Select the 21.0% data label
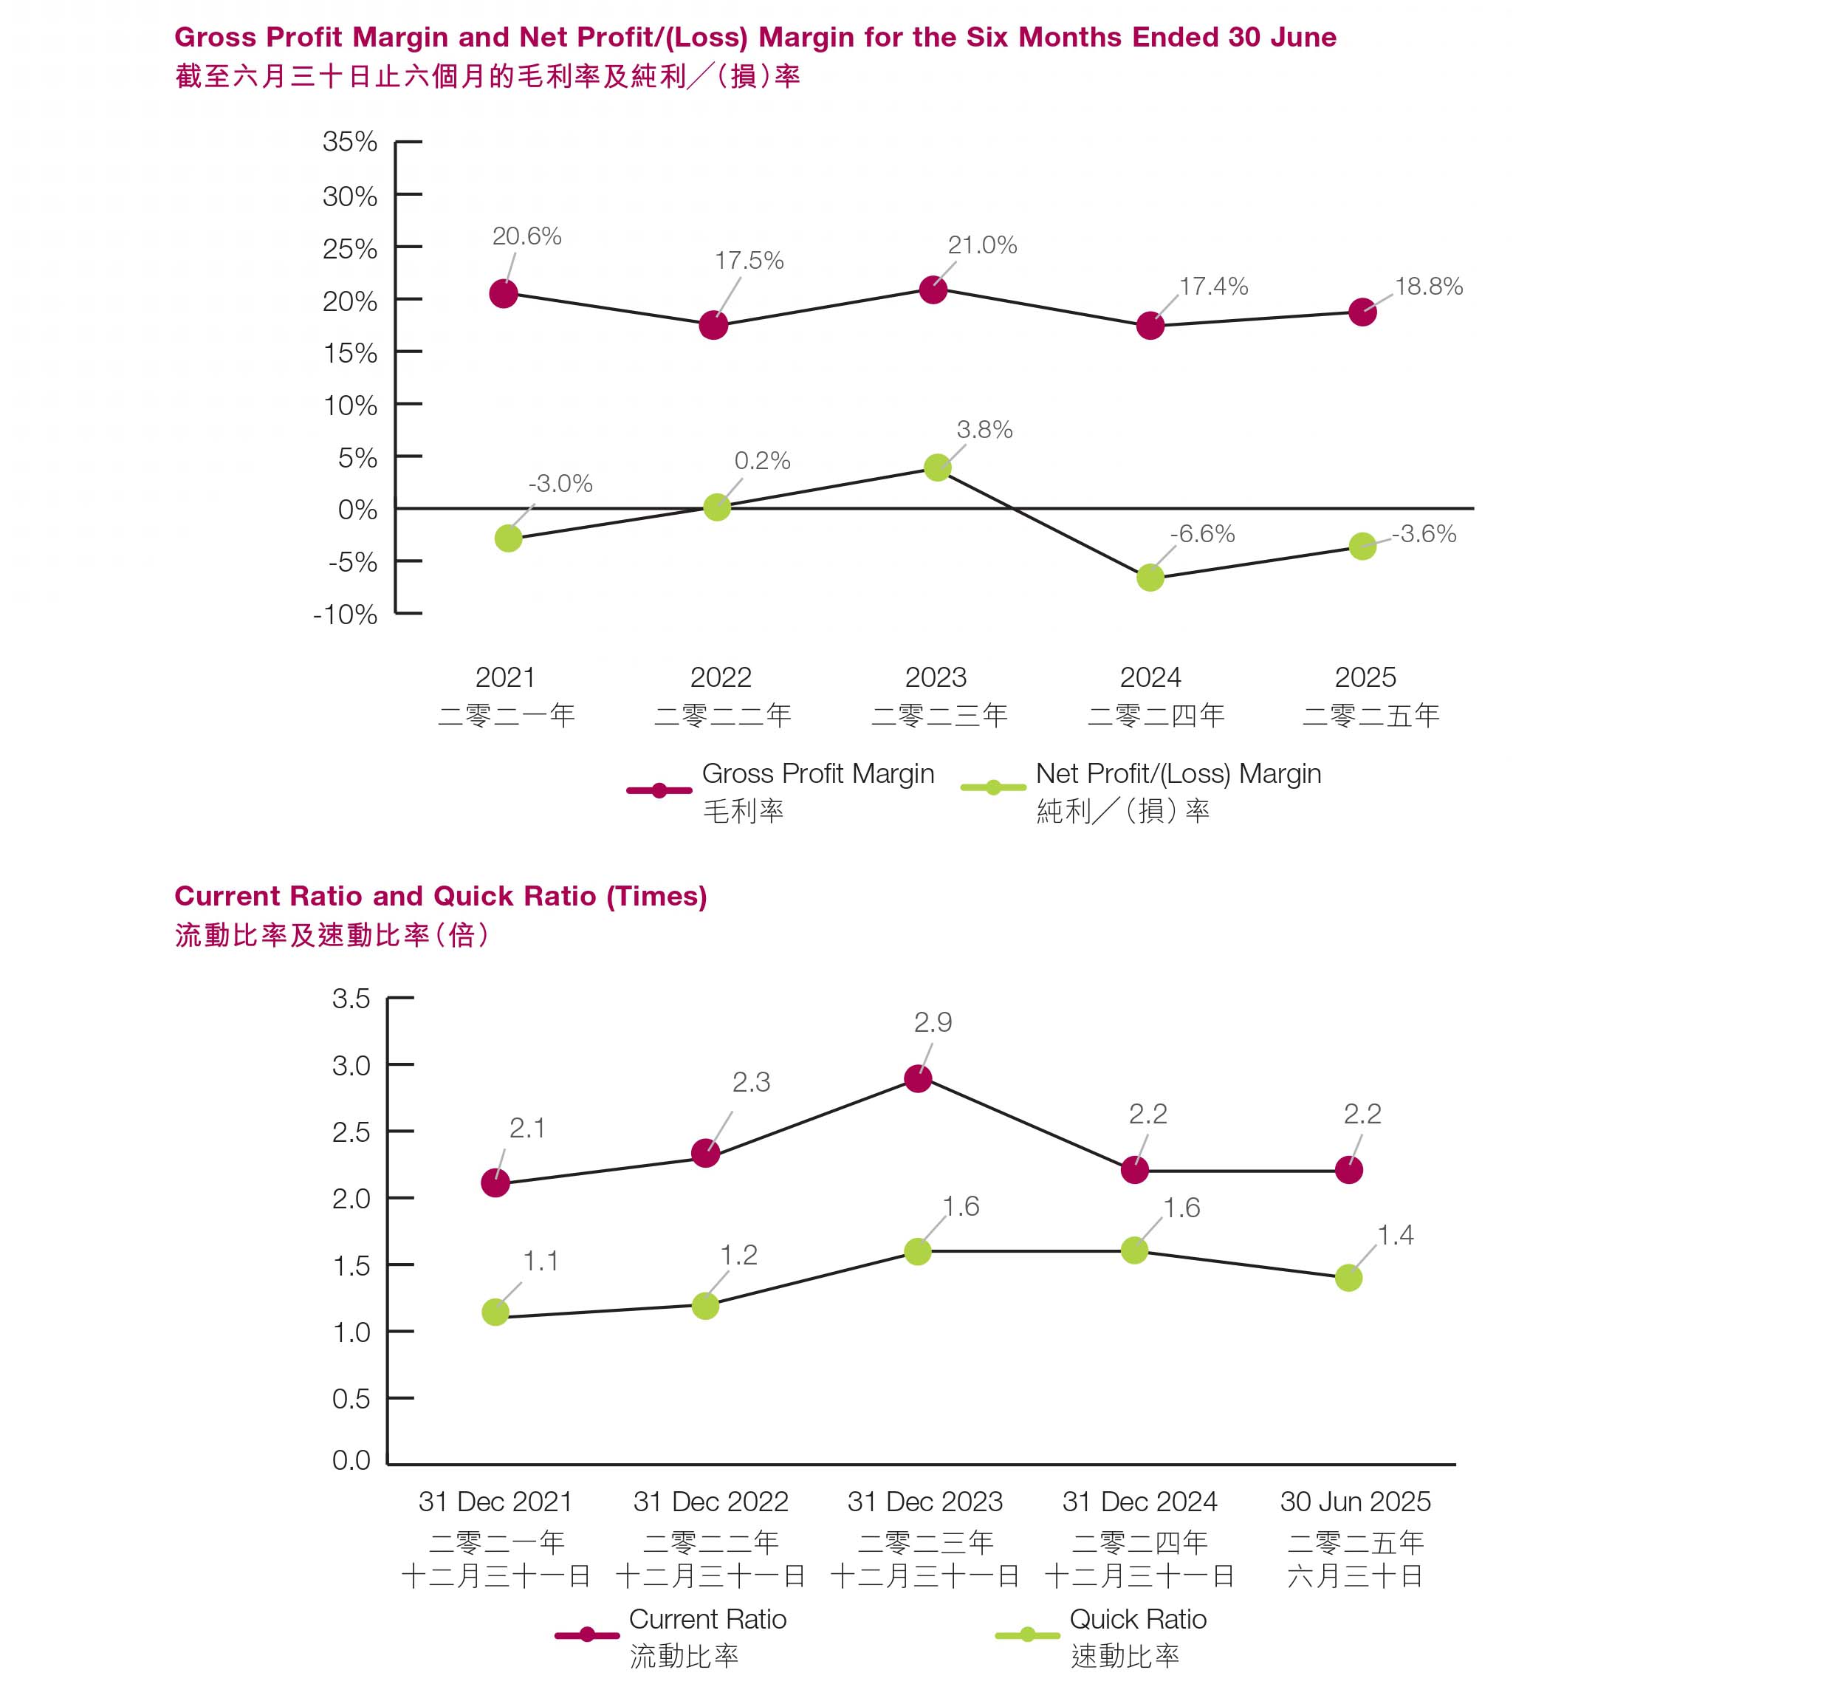(982, 246)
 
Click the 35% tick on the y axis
(350, 142)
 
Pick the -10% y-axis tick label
(345, 615)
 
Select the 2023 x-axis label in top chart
(935, 677)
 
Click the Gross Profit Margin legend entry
(817, 774)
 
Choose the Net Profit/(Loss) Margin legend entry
(1177, 774)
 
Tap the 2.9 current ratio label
(932, 1023)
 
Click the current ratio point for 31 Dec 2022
(705, 1154)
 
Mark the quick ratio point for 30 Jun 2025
(1348, 1279)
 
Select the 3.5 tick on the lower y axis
(351, 999)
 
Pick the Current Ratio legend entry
(707, 1620)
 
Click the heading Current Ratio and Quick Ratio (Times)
(440, 897)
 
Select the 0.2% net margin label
(762, 461)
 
